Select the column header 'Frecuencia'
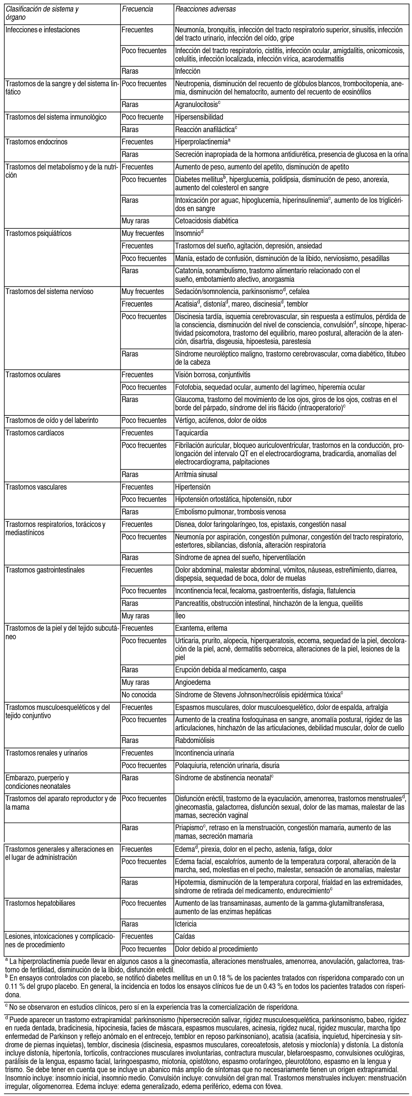tap(137, 9)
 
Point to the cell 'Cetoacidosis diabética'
tap(206, 221)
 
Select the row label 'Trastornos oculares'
tap(33, 375)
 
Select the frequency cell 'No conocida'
tap(139, 695)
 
